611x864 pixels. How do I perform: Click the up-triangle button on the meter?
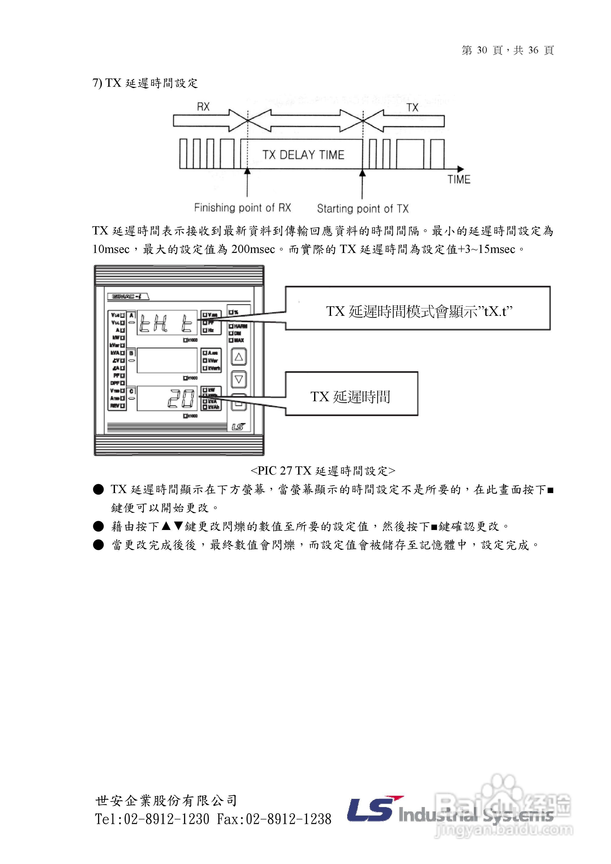pyautogui.click(x=239, y=357)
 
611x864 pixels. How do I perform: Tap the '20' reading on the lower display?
pyautogui.click(x=181, y=398)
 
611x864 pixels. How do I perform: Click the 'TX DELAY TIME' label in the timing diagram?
pyautogui.click(x=303, y=155)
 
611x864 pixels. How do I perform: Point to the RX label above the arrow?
pyautogui.click(x=203, y=107)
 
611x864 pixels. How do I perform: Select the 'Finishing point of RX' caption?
pyautogui.click(x=243, y=208)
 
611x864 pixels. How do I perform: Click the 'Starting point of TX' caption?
pyautogui.click(x=363, y=209)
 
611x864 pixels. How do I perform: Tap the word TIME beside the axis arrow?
pyautogui.click(x=459, y=180)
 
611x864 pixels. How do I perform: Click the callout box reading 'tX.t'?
pyautogui.click(x=418, y=308)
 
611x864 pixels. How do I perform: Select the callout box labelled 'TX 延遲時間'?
pyautogui.click(x=351, y=394)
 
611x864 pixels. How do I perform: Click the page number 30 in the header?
pyautogui.click(x=482, y=50)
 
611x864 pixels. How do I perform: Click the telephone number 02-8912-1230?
pyautogui.click(x=166, y=819)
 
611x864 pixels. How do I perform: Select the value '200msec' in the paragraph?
pyautogui.click(x=253, y=249)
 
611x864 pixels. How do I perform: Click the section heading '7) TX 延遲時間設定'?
pyautogui.click(x=145, y=83)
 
